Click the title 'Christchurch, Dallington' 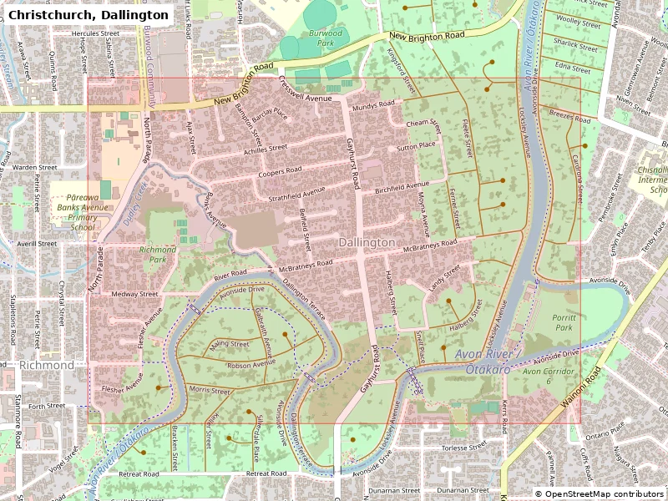[89, 14]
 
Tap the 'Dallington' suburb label [367, 242]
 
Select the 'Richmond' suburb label [47, 366]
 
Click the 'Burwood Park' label [326, 38]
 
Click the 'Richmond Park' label [158, 254]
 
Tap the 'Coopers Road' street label [280, 171]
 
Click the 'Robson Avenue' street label [251, 364]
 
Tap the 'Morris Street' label [209, 390]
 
